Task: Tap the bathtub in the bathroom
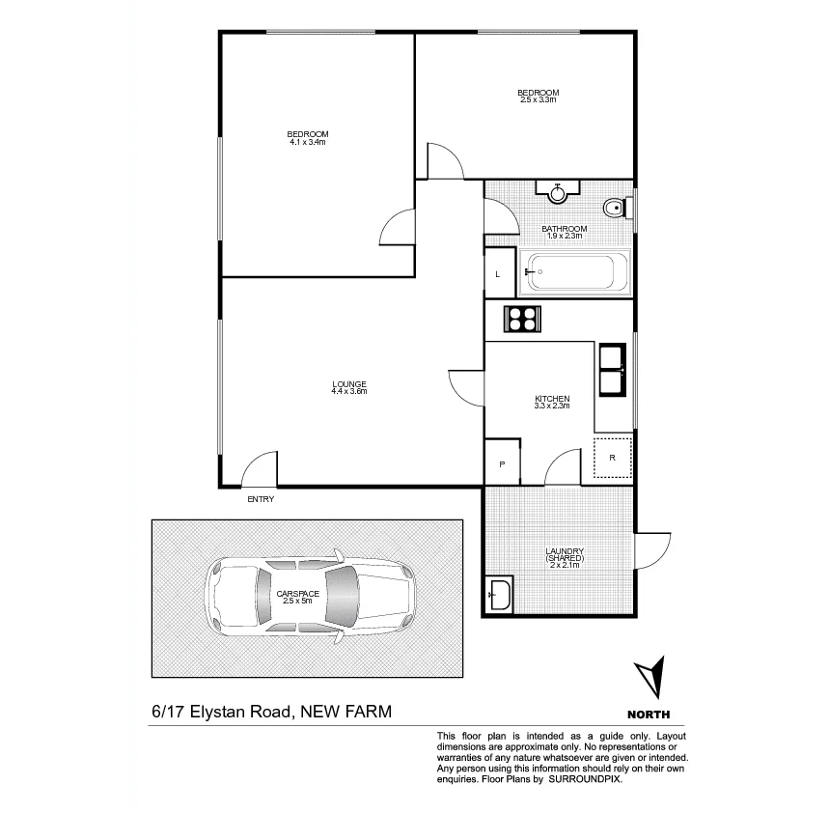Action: point(575,272)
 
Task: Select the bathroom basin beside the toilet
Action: point(558,192)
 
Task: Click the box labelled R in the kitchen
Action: point(612,457)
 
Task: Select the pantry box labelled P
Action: point(502,464)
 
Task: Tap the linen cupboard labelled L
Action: point(498,274)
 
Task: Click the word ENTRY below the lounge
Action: point(261,499)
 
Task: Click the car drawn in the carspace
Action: point(309,597)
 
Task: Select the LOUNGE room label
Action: point(349,383)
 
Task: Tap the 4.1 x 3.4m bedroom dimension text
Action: point(308,142)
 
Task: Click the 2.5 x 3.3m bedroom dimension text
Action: point(539,99)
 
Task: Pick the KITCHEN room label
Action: point(552,399)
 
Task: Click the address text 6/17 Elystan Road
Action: point(221,713)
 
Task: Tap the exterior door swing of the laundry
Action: point(652,549)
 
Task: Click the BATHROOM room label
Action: point(564,229)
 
